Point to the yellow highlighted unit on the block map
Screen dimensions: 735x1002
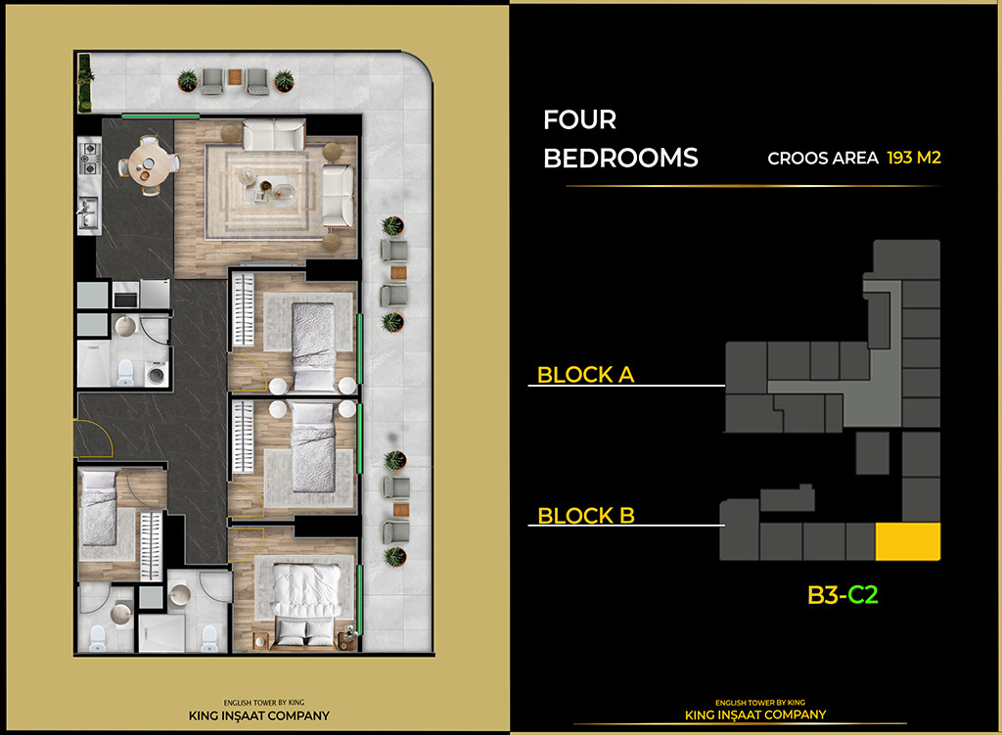point(907,541)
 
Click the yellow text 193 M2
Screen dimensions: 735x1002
point(913,158)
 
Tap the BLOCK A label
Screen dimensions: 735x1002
point(585,375)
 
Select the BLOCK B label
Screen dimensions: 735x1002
point(586,516)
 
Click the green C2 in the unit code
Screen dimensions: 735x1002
point(862,594)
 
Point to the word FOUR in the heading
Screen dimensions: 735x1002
point(579,120)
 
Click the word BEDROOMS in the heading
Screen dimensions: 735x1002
point(620,158)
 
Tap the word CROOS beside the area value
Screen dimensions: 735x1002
point(795,158)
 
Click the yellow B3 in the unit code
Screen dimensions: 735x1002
point(824,594)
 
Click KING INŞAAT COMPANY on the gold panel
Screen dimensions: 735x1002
point(260,715)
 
